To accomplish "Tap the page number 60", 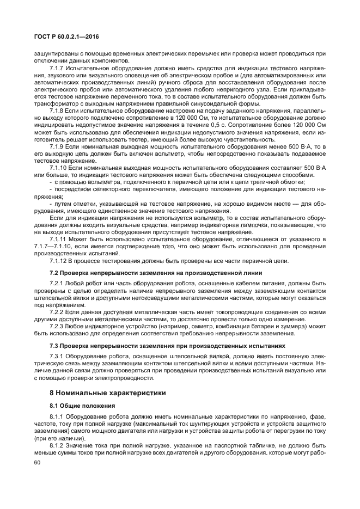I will pyautogui.click(x=38, y=462).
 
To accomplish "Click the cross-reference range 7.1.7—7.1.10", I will pyautogui.click(x=57, y=247).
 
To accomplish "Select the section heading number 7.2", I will pyautogui.click(x=53, y=272).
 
